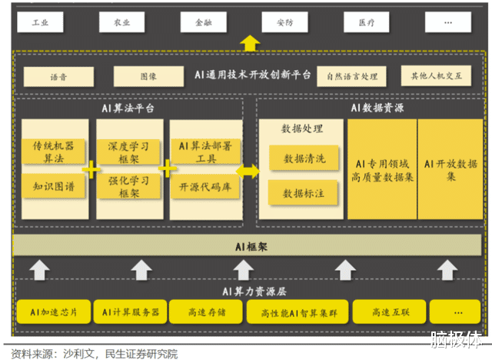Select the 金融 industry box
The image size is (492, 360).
203,22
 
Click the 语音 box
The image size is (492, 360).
58,77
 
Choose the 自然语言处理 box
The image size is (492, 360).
352,77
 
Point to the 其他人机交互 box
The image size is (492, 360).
437,76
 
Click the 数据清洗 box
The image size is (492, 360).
304,158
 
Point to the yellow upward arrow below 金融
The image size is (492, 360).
250,42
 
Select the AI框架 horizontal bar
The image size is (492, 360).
251,246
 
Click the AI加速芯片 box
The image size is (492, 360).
52,312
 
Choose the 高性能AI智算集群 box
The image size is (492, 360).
298,312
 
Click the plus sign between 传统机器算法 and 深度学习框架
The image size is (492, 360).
91,169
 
